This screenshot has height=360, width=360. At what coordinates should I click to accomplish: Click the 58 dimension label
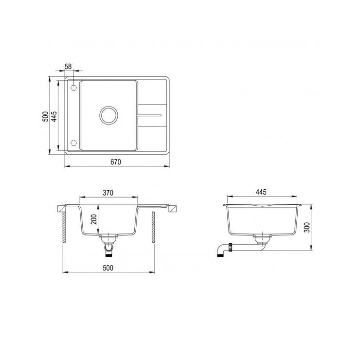click(x=69, y=66)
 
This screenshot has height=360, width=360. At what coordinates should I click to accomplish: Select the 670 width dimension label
click(x=116, y=162)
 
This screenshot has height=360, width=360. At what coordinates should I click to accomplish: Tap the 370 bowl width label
click(x=108, y=193)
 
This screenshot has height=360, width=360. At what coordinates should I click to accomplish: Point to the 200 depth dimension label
click(x=94, y=219)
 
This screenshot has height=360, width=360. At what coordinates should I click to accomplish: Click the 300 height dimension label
click(x=307, y=227)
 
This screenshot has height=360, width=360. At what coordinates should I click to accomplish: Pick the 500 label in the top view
click(x=45, y=116)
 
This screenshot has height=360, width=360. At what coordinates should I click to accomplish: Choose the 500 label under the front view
click(x=108, y=268)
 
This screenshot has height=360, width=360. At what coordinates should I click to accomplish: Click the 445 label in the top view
click(x=54, y=116)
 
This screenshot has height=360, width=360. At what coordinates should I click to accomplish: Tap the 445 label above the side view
click(x=261, y=192)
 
